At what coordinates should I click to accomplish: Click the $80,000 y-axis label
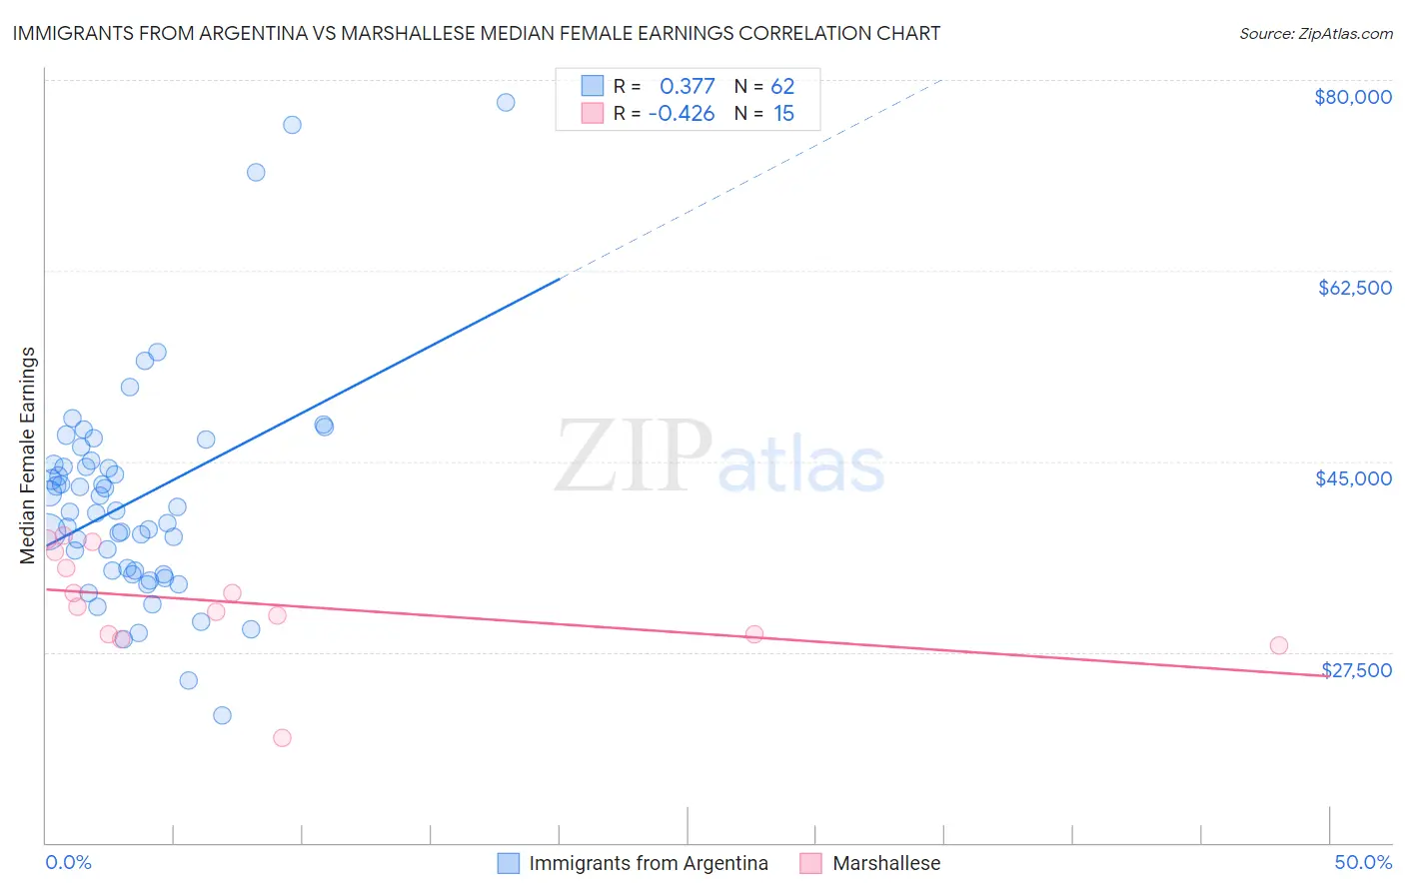coord(1352,97)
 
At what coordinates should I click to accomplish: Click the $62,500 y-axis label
coord(1354,288)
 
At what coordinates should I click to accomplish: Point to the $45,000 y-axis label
coord(1353,478)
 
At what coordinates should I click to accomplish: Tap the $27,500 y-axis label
coord(1356,670)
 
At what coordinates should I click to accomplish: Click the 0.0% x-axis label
coord(68,863)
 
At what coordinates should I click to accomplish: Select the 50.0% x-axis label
coord(1362,863)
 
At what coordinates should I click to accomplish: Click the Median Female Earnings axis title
coord(28,455)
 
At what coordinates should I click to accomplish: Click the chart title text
coord(477,33)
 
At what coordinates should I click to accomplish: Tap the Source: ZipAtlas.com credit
coord(1315,34)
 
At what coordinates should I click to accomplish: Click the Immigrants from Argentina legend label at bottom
coord(648,863)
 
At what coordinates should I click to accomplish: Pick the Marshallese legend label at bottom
coord(885,863)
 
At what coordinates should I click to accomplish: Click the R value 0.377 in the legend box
coord(687,87)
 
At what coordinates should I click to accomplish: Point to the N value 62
coord(781,87)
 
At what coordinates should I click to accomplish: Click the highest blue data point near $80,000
coord(506,102)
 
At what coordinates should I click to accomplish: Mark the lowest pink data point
coord(282,738)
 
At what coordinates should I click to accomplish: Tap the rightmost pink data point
coord(1278,645)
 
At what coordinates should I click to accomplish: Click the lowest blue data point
coord(222,715)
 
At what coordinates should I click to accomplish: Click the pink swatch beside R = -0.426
coord(593,113)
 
